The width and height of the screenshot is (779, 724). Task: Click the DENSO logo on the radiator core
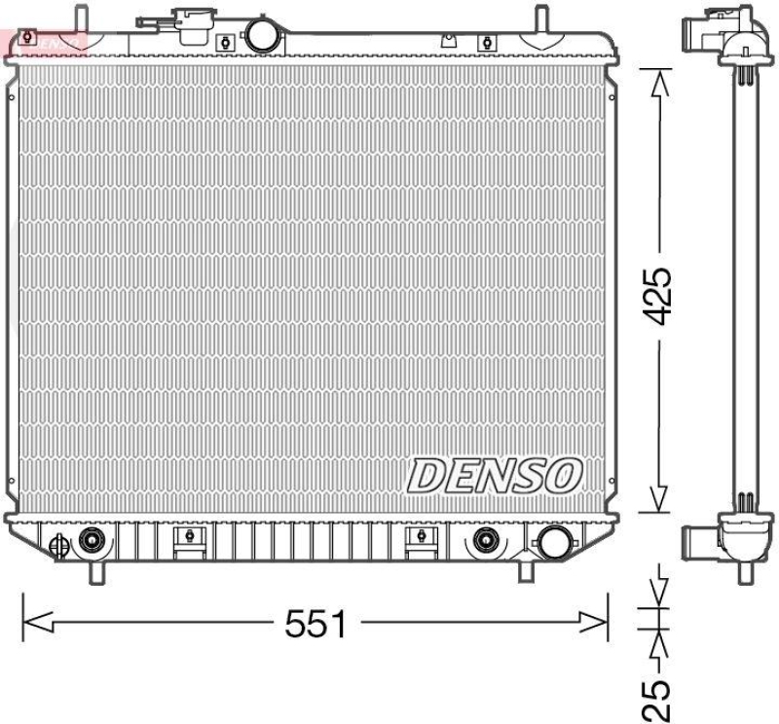click(494, 477)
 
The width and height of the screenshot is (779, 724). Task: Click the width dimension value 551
click(315, 624)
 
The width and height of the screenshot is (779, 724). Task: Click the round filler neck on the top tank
click(261, 35)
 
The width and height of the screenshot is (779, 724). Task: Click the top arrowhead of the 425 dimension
click(659, 84)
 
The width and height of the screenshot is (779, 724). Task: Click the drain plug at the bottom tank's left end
click(57, 545)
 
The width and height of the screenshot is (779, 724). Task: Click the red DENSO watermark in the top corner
click(44, 41)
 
